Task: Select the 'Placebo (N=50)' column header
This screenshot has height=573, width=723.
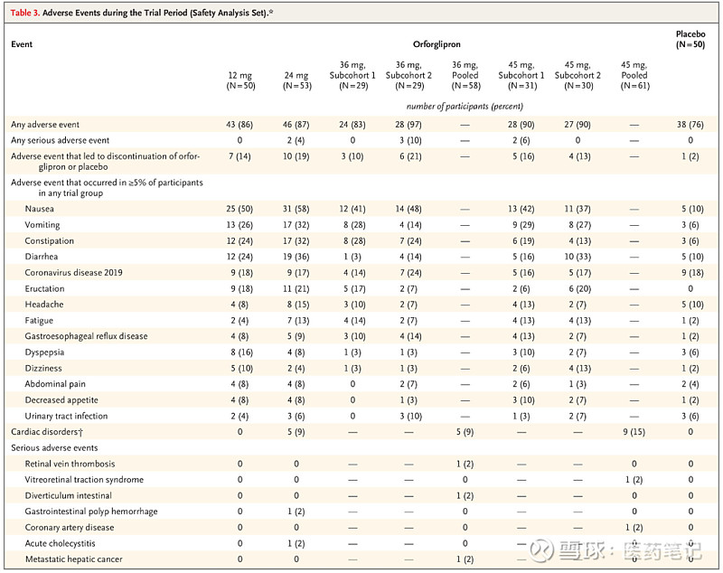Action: [690, 39]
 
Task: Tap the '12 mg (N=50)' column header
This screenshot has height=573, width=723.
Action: [240, 80]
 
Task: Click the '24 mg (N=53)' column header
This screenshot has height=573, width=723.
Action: [296, 80]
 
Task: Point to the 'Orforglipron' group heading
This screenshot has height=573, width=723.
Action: [437, 44]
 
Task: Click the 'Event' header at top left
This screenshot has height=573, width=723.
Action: [22, 44]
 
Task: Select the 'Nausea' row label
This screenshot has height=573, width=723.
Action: [39, 209]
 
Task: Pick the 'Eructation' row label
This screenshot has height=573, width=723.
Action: [44, 288]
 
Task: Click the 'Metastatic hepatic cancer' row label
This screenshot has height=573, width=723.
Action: [74, 559]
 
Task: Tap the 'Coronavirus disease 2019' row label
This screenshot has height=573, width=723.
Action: [73, 272]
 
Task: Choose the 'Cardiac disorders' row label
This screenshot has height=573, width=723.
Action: [47, 432]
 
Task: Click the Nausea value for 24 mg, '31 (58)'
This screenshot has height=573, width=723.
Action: [296, 209]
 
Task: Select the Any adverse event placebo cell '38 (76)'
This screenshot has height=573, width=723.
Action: [690, 125]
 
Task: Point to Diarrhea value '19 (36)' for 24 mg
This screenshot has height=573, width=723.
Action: [296, 257]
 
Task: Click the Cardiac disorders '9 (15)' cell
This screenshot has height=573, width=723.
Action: [634, 432]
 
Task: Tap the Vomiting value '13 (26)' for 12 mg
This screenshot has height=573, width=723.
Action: [239, 225]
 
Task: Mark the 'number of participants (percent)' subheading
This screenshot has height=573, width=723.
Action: [465, 107]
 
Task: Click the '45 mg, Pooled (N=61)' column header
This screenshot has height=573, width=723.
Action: [634, 75]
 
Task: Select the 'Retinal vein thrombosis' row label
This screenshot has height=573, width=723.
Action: [70, 464]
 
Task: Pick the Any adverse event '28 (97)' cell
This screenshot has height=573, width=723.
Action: [408, 125]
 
